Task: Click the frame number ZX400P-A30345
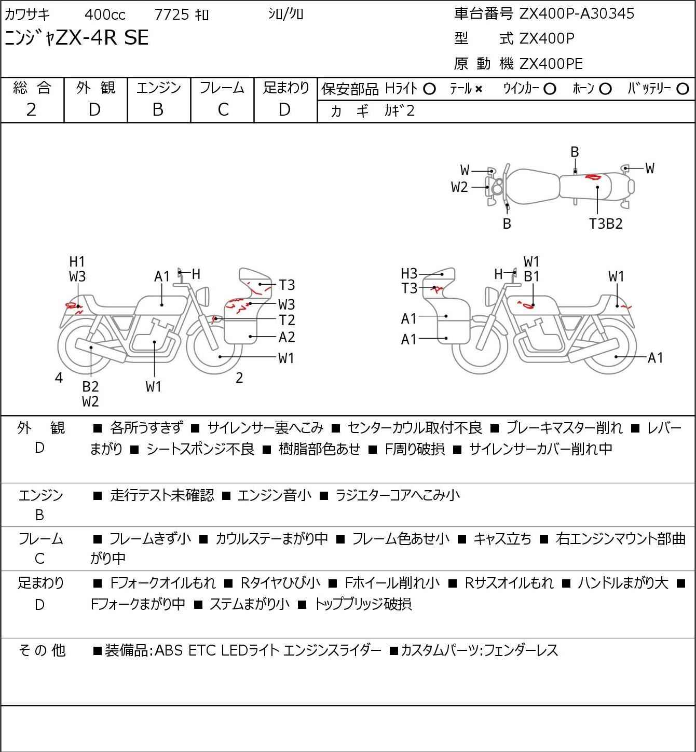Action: point(577,13)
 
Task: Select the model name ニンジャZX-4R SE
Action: point(76,38)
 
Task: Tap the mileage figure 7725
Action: point(172,15)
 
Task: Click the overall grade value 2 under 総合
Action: point(32,109)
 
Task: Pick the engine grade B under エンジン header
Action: point(158,109)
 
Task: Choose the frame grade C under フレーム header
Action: point(223,109)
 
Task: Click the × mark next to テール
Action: point(478,89)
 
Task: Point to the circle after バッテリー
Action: point(683,89)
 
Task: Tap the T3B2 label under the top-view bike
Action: point(606,224)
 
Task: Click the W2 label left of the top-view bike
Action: point(459,187)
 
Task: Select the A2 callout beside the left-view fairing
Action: point(286,337)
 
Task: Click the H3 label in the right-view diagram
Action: point(409,273)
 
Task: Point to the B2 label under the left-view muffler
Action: point(90,386)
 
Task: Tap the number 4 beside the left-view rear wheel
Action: point(59,378)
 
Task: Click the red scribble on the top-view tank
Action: point(592,177)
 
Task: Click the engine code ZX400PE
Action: point(551,64)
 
